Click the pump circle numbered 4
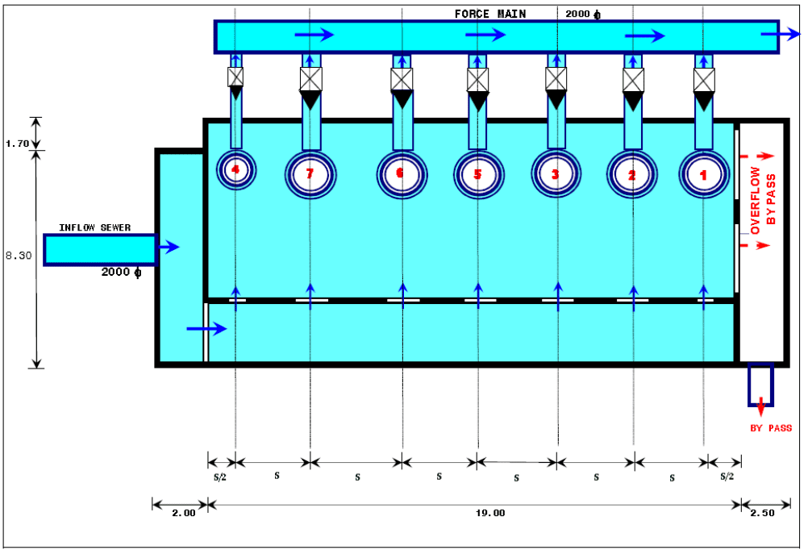click(235, 170)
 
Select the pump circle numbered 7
click(310, 174)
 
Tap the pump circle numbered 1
click(703, 174)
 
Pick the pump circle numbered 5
click(478, 174)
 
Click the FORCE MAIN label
click(490, 14)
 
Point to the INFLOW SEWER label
click(95, 227)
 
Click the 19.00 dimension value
click(490, 513)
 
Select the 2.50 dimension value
click(762, 513)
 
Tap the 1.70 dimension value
click(17, 144)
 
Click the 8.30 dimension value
click(19, 256)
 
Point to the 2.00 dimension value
click(184, 513)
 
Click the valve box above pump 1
click(704, 80)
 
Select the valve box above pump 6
click(402, 79)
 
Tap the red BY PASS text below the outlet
click(771, 428)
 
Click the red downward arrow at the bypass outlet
click(760, 407)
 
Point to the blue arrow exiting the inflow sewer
click(169, 247)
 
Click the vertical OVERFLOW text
click(756, 200)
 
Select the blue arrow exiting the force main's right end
click(781, 34)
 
